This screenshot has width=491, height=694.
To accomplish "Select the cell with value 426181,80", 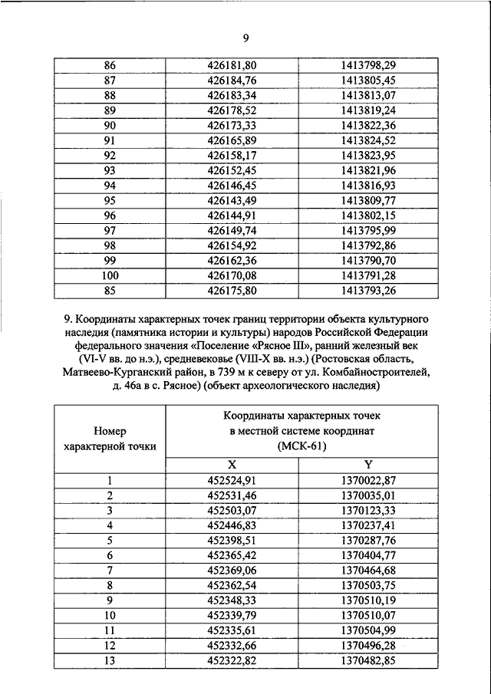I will tap(245, 67).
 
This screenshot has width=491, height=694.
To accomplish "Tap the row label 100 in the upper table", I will tap(110, 275).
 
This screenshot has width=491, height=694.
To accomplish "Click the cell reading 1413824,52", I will tap(368, 140).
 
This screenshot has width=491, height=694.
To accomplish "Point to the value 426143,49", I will tap(245, 201).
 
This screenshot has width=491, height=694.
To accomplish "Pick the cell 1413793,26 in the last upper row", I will tap(368, 291).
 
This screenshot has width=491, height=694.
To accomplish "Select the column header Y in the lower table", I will tap(367, 465).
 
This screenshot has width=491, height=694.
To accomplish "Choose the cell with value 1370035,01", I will tap(368, 495).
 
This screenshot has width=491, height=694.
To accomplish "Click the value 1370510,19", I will tap(368, 600).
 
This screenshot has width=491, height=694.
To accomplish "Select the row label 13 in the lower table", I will tap(110, 659).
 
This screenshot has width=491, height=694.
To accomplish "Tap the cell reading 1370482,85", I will tap(368, 659).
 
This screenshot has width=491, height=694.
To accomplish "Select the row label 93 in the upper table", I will tap(110, 170).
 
